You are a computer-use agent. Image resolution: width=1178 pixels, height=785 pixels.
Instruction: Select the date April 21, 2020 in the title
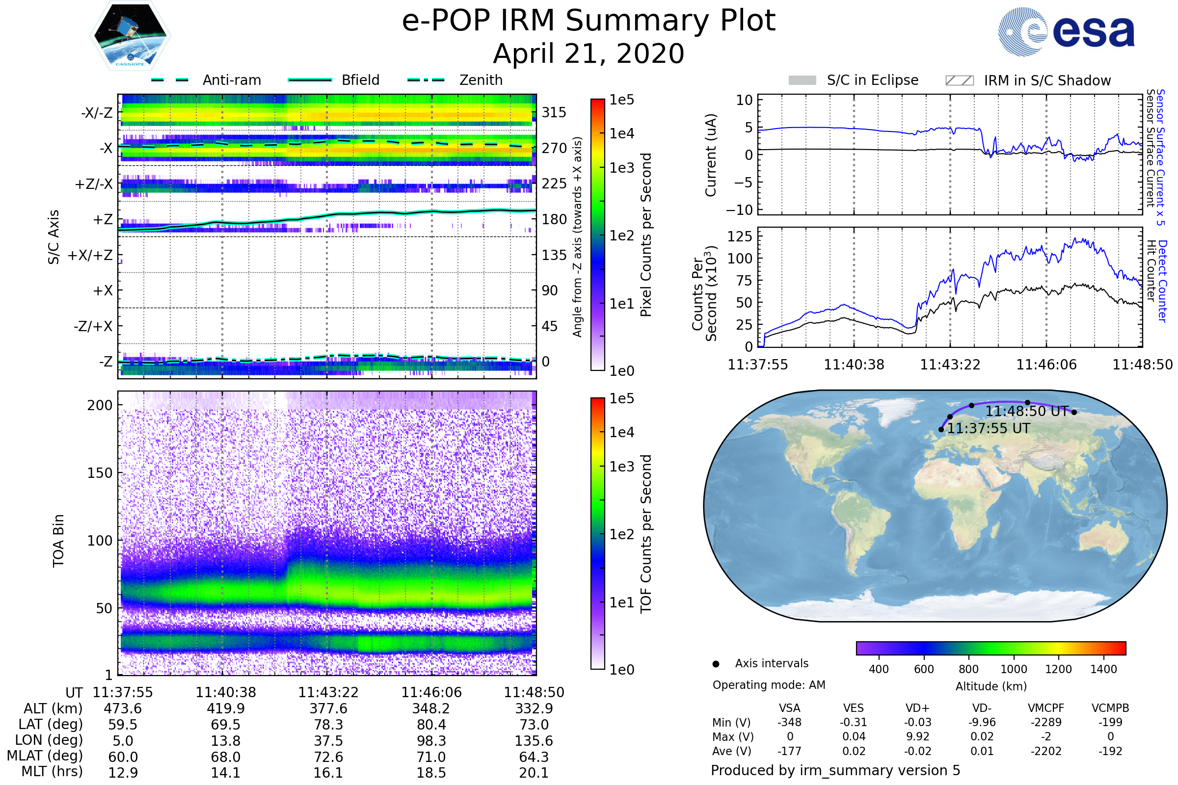click(589, 53)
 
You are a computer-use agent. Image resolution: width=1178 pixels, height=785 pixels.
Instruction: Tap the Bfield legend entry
click(360, 80)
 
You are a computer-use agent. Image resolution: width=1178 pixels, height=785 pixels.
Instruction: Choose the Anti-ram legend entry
click(231, 80)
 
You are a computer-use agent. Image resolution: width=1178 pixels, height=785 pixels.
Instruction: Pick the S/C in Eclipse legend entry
click(872, 80)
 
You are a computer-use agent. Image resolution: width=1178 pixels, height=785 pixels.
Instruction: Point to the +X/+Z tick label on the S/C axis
click(90, 255)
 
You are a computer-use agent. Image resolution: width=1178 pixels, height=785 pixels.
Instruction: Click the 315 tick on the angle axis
click(554, 112)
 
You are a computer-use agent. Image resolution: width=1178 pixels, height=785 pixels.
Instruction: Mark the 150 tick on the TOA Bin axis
click(100, 473)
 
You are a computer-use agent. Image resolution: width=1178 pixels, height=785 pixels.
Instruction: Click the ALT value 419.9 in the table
click(225, 709)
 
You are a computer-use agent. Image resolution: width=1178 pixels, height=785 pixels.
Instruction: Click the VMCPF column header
click(1046, 708)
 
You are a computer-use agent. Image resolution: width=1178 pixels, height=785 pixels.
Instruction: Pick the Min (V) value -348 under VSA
click(789, 722)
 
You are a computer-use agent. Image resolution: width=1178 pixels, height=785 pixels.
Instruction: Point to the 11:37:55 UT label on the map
click(988, 428)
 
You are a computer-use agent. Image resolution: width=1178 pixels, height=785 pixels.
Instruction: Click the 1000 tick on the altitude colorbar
click(1014, 669)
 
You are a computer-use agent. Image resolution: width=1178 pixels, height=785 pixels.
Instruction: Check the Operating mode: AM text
click(769, 685)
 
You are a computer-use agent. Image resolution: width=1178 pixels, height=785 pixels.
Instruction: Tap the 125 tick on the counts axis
click(740, 236)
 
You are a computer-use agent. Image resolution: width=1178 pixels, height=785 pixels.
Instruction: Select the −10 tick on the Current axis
click(739, 210)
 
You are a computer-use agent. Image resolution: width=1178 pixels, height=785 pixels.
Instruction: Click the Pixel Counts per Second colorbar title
click(646, 235)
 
